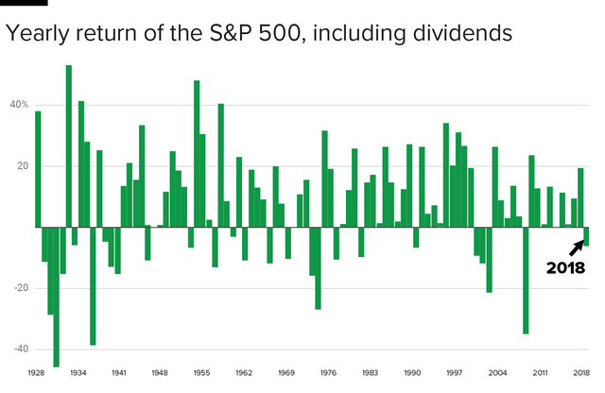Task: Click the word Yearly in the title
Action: (x=37, y=34)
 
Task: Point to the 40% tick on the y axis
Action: (x=20, y=105)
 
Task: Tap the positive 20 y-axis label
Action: (x=21, y=166)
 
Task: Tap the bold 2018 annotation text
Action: (x=566, y=268)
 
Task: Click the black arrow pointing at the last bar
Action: (x=576, y=248)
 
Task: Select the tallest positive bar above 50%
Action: (x=69, y=146)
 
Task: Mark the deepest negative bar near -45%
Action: (x=57, y=297)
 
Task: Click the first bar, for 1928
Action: (x=38, y=169)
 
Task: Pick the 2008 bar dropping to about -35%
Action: (x=526, y=281)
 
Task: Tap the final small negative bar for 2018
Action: (x=587, y=236)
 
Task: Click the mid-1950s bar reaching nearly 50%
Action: (x=197, y=154)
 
